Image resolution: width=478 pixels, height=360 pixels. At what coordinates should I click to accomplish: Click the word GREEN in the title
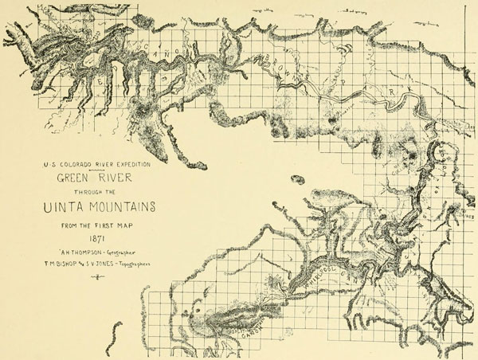pyautogui.click(x=72, y=180)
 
